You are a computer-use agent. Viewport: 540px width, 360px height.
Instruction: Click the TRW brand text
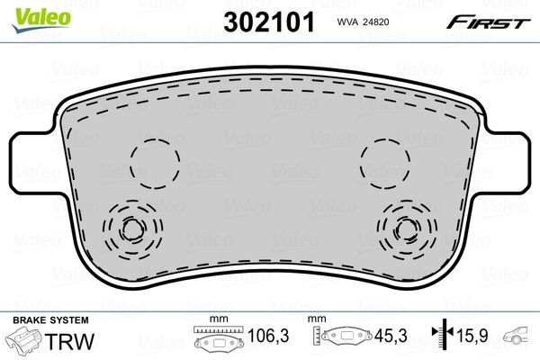click(x=72, y=341)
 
